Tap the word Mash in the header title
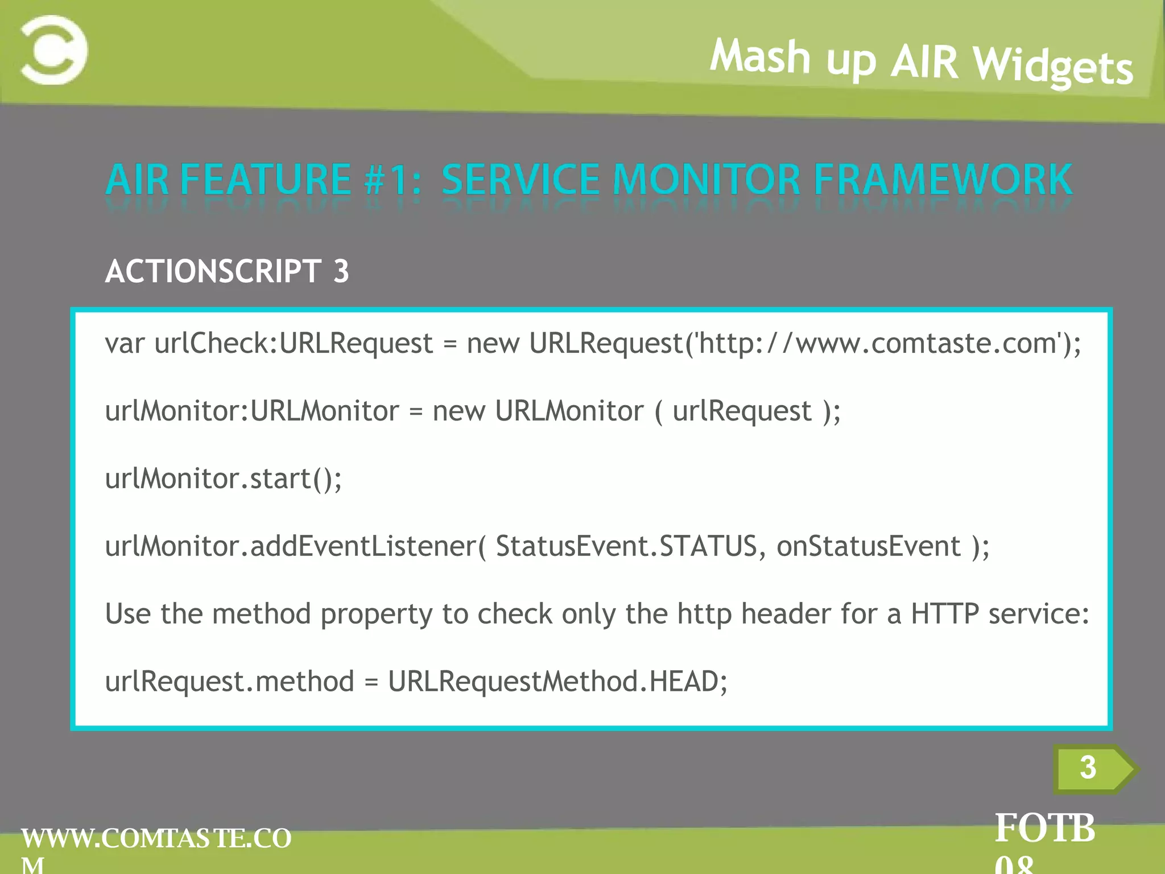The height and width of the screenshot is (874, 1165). (760, 57)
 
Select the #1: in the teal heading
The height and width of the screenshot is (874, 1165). (393, 180)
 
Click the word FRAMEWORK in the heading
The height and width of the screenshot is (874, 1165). (943, 180)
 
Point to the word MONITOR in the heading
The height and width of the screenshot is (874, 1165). (707, 180)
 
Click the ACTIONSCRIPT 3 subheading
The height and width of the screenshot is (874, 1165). (227, 271)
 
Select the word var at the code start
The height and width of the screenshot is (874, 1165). (125, 344)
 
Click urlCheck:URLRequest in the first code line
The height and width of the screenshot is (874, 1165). (294, 344)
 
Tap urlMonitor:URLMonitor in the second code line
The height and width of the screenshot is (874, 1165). (252, 411)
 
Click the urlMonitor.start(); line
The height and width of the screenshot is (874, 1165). (224, 479)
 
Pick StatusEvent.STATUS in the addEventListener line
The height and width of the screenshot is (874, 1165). (626, 546)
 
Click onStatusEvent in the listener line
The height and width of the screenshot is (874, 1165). (868, 546)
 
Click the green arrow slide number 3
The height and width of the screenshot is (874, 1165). (1088, 768)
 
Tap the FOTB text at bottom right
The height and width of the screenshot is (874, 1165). (1044, 828)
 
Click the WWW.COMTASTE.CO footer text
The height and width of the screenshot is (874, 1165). (156, 838)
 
